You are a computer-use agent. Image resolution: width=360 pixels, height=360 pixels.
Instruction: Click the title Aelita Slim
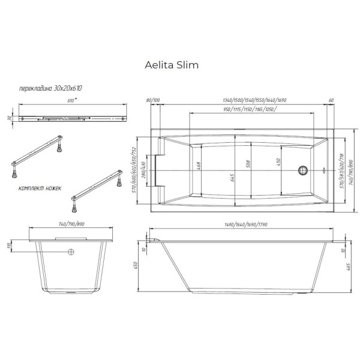point(172,64)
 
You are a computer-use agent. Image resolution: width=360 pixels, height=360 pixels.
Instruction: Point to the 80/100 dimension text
point(153,100)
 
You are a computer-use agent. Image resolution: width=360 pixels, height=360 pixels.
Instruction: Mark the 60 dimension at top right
point(331,100)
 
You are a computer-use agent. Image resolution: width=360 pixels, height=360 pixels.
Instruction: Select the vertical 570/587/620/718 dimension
point(341,170)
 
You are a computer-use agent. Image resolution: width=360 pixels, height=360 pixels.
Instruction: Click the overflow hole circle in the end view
point(71,251)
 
